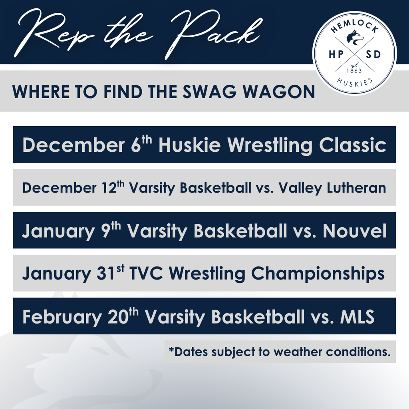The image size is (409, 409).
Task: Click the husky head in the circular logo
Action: (x=355, y=37)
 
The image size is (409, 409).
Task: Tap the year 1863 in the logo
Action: (x=354, y=71)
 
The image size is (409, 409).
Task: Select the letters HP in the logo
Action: (x=336, y=54)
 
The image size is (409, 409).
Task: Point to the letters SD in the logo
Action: (x=373, y=54)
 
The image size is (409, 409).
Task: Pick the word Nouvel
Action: (x=355, y=231)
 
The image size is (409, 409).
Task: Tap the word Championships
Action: (x=318, y=274)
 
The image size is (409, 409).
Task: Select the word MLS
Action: (x=357, y=317)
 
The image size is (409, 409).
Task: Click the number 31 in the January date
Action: (x=105, y=274)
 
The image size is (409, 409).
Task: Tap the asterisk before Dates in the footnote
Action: (x=171, y=349)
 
